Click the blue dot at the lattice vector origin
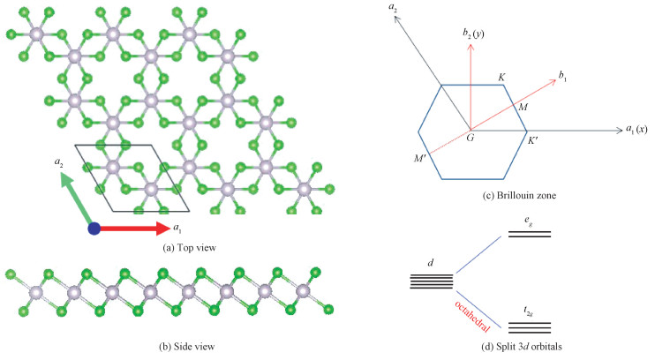pyautogui.click(x=94, y=229)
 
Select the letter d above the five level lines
pyautogui.click(x=432, y=262)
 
